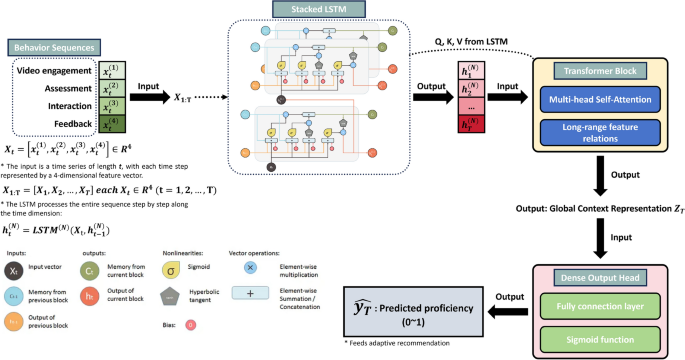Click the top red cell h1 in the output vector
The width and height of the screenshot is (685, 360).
click(x=465, y=70)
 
